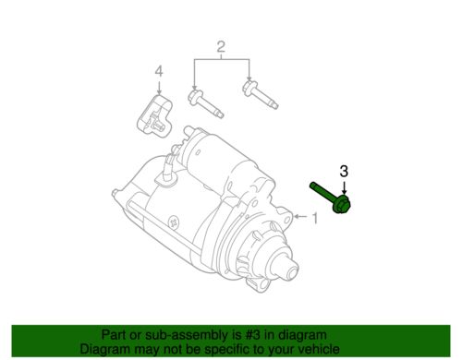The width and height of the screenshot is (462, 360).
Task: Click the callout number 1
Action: (314, 219)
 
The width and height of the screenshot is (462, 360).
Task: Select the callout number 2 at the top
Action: (222, 47)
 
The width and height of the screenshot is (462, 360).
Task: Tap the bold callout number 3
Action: (344, 171)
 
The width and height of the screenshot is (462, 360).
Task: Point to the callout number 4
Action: (158, 71)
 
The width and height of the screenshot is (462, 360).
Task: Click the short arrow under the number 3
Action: (344, 185)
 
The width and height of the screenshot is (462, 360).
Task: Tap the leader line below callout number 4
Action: (158, 87)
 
